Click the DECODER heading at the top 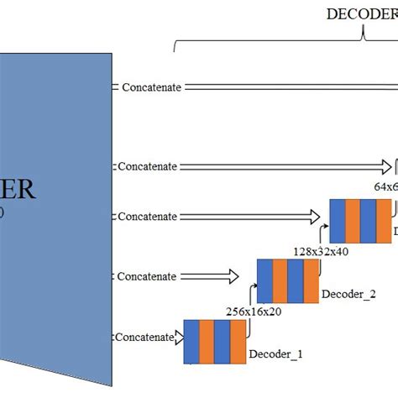tap(362, 13)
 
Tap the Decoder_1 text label tap(275, 354)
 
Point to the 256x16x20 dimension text tap(254, 311)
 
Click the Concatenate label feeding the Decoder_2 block tap(147, 276)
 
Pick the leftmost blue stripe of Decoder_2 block tap(264, 280)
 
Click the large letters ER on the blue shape tap(18, 190)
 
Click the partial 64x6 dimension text tap(385, 187)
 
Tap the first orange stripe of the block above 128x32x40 tap(352, 220)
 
